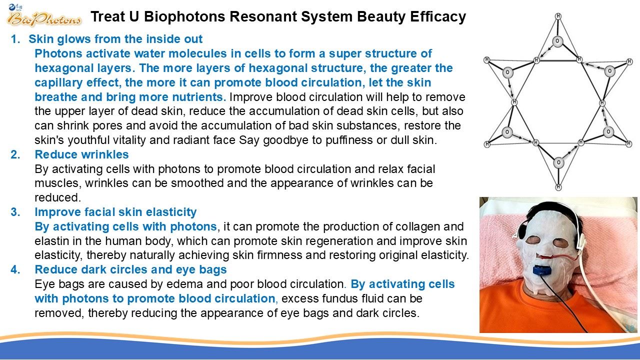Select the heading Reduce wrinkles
(81, 154)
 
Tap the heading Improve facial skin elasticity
(115, 212)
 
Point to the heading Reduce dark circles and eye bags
(130, 269)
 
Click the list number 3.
(15, 212)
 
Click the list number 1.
(15, 39)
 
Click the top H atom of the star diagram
(558, 16)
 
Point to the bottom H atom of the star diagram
(558, 187)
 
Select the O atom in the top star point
(557, 41)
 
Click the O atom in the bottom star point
(559, 162)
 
